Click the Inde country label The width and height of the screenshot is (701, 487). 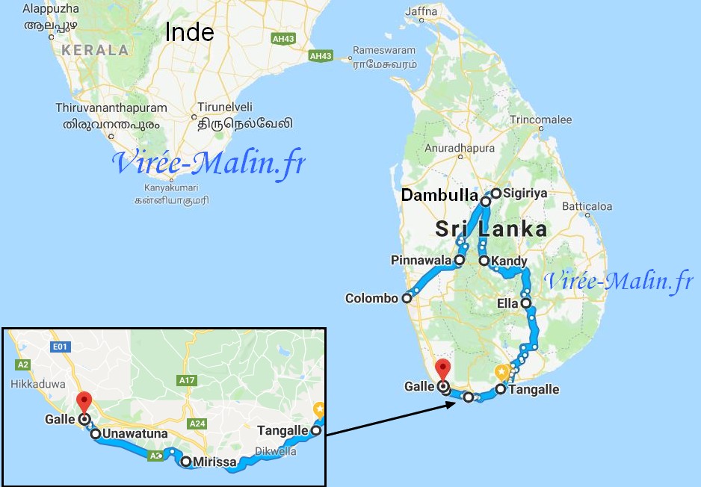[x=189, y=32]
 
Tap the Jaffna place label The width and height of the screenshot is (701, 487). [x=420, y=11]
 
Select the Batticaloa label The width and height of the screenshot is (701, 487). [x=587, y=206]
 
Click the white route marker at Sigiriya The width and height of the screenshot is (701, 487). [x=495, y=193]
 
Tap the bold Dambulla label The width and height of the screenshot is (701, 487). [x=439, y=196]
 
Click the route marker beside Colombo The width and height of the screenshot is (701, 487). [x=407, y=299]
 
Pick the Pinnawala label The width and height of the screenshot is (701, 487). [x=421, y=260]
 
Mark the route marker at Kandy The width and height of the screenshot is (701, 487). [x=484, y=261]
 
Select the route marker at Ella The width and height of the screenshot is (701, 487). [x=526, y=303]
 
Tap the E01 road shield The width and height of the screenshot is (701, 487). [x=60, y=347]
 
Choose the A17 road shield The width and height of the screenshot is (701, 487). [x=187, y=381]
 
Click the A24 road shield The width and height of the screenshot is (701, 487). [x=197, y=424]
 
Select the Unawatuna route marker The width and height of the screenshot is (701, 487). [x=96, y=433]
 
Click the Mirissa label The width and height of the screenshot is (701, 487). [x=214, y=462]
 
